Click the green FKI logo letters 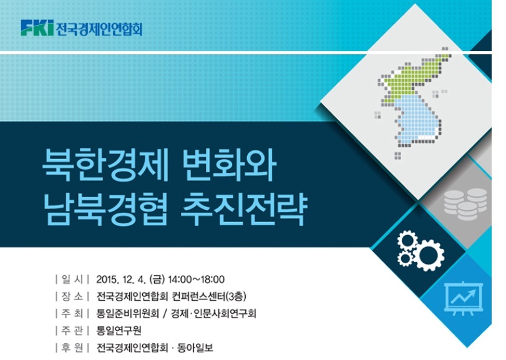click(37, 27)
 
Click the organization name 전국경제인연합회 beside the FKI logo click(99, 28)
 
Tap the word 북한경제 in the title click(105, 165)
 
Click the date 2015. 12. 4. click(121, 280)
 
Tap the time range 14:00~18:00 click(196, 280)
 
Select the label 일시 click(72, 280)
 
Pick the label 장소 click(72, 296)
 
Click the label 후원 click(72, 348)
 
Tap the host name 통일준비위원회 click(128, 313)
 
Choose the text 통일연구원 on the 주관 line click(119, 330)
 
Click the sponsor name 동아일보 click(195, 348)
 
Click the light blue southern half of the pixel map click(416, 120)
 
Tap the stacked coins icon click(465, 204)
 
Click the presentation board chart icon click(464, 298)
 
